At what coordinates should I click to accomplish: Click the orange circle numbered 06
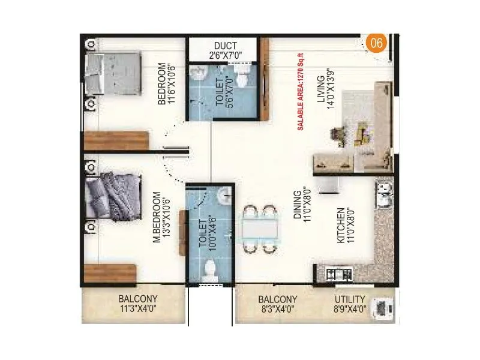coord(376,44)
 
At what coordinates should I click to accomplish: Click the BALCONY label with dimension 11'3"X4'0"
coord(137,299)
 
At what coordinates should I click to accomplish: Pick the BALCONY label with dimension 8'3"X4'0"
coord(277,299)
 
